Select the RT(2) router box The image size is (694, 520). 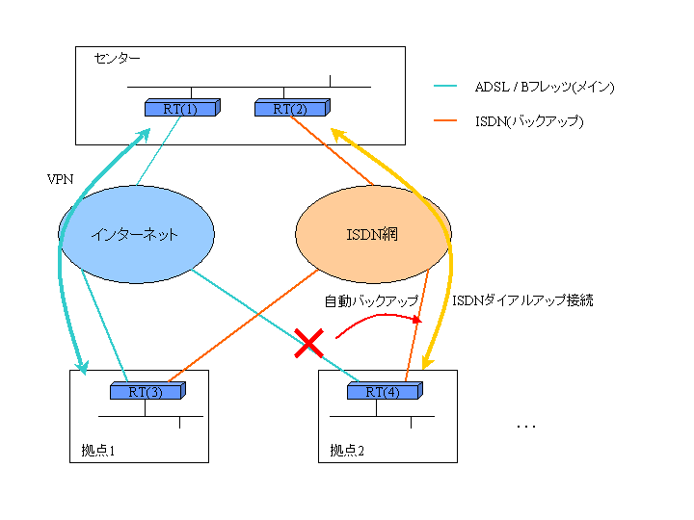tap(290, 109)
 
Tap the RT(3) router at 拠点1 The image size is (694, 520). tap(146, 392)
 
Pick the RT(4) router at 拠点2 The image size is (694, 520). tap(384, 392)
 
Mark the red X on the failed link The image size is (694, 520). tap(307, 343)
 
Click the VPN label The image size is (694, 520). tap(60, 179)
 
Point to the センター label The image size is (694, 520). tap(117, 59)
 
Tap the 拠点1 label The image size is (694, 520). tap(99, 450)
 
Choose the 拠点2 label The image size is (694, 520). tap(347, 450)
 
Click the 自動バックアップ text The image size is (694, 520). tap(371, 301)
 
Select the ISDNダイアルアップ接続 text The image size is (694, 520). tap(522, 300)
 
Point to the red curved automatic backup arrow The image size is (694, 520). tap(376, 318)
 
